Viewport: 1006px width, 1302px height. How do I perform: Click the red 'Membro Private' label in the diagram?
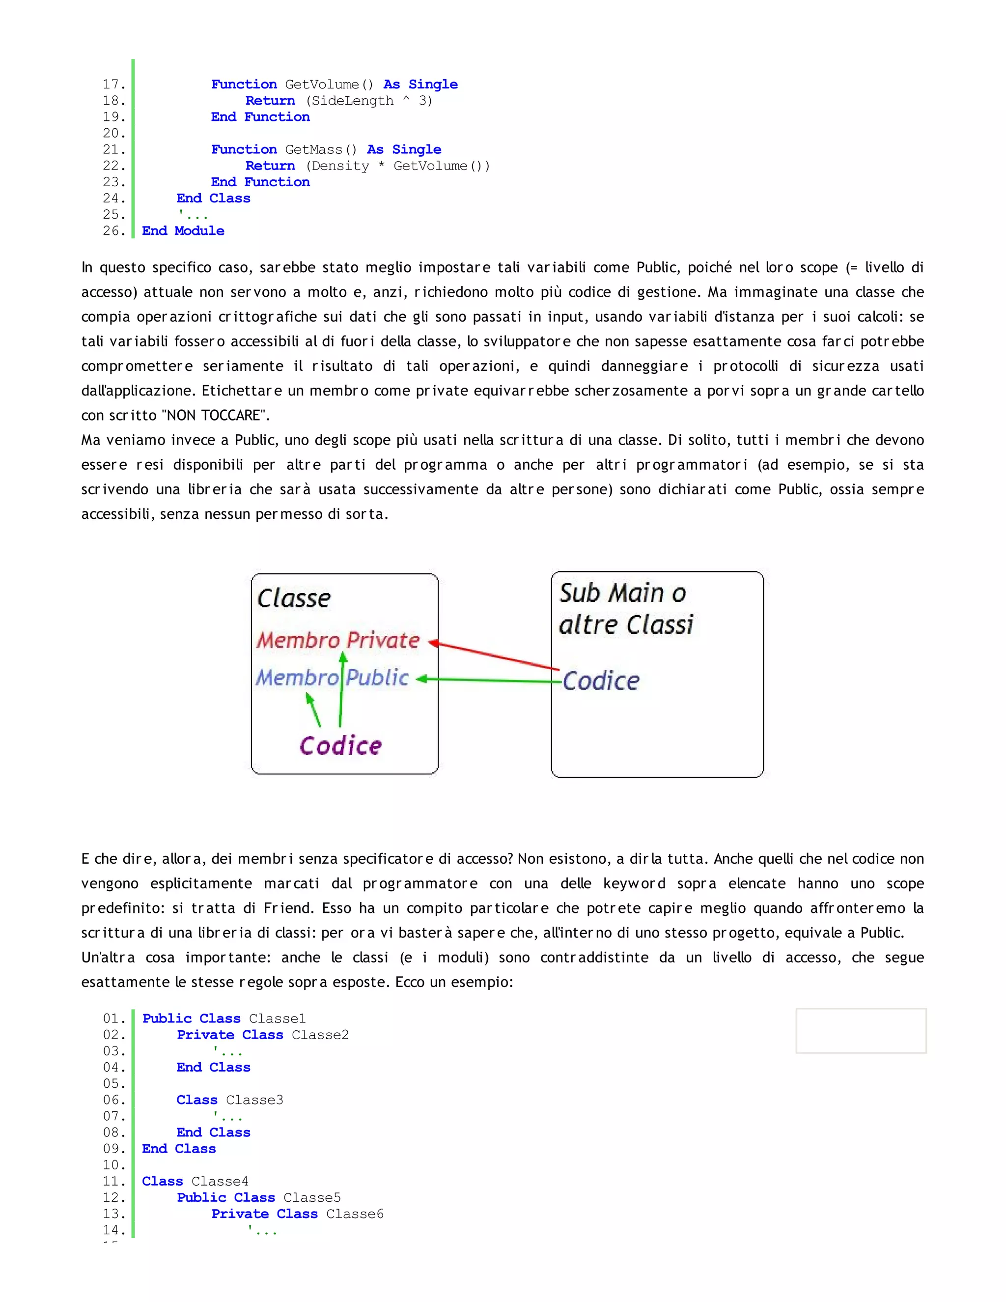(338, 640)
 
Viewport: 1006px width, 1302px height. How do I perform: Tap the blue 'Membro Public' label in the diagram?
(332, 678)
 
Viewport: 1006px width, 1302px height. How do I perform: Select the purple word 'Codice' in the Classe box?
(340, 746)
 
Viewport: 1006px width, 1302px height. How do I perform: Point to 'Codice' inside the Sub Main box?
(601, 681)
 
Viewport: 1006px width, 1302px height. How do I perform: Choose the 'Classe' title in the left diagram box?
(294, 598)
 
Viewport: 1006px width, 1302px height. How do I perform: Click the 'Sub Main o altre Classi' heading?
(626, 609)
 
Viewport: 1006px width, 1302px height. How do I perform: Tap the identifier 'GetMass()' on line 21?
(321, 150)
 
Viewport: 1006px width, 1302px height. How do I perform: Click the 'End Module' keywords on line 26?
(183, 231)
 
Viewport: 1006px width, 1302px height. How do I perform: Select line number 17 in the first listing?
(114, 85)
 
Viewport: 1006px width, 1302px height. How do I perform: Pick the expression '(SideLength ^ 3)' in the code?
(369, 101)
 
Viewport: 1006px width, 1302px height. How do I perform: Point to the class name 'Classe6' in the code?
(355, 1214)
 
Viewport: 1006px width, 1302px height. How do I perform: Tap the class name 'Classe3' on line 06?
(254, 1100)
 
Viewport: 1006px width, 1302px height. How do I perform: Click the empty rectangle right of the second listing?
(861, 1031)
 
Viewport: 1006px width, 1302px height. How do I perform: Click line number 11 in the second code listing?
(114, 1182)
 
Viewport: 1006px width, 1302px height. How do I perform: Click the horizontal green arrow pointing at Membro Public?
(489, 679)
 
